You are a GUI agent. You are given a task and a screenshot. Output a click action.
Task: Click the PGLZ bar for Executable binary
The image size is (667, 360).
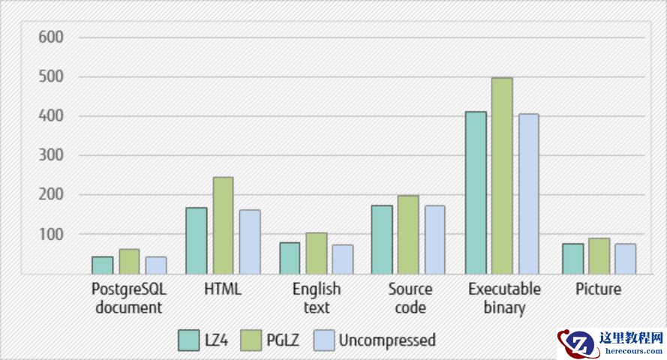(502, 175)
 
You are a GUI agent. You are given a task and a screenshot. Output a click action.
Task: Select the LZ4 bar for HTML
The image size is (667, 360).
(197, 240)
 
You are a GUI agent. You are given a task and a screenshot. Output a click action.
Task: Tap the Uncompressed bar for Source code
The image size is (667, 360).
(434, 239)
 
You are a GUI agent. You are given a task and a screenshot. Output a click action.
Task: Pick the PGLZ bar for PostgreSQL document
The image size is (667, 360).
(130, 261)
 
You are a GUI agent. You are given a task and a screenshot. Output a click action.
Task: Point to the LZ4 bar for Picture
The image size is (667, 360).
(572, 258)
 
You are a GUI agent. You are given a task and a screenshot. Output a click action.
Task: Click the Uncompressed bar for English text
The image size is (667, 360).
(342, 259)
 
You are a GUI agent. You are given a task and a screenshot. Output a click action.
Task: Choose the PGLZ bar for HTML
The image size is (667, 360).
(223, 225)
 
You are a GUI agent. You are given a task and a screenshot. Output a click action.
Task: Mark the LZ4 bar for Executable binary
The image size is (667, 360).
(476, 193)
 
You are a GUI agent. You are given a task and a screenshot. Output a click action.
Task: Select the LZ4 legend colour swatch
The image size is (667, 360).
(188, 340)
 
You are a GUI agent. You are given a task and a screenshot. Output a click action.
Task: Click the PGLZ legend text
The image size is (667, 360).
(282, 340)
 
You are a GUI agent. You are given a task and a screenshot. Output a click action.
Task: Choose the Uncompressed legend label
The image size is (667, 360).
(386, 340)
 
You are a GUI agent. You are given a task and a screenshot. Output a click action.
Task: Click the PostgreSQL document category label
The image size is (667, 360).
(128, 298)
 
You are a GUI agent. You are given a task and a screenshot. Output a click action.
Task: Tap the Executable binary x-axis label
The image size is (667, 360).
(503, 298)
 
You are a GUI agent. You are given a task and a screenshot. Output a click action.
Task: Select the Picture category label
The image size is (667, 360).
(599, 289)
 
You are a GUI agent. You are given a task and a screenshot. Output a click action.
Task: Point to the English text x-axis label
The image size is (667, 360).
(317, 298)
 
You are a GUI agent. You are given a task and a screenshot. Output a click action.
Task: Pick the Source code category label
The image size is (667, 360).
(410, 298)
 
